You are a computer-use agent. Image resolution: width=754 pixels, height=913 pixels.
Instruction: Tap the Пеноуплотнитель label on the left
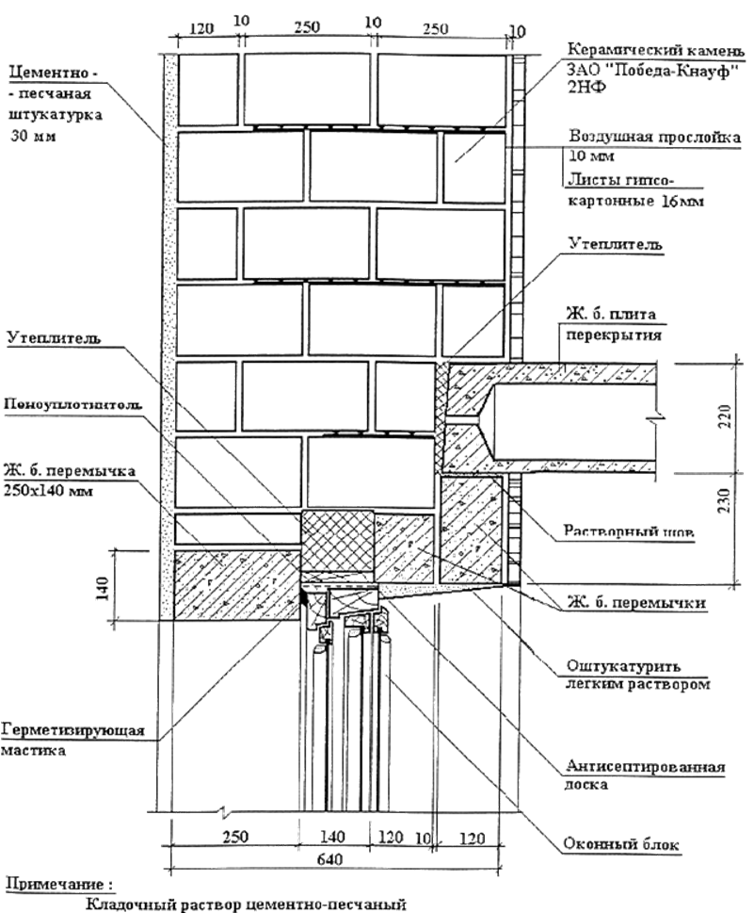72,403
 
